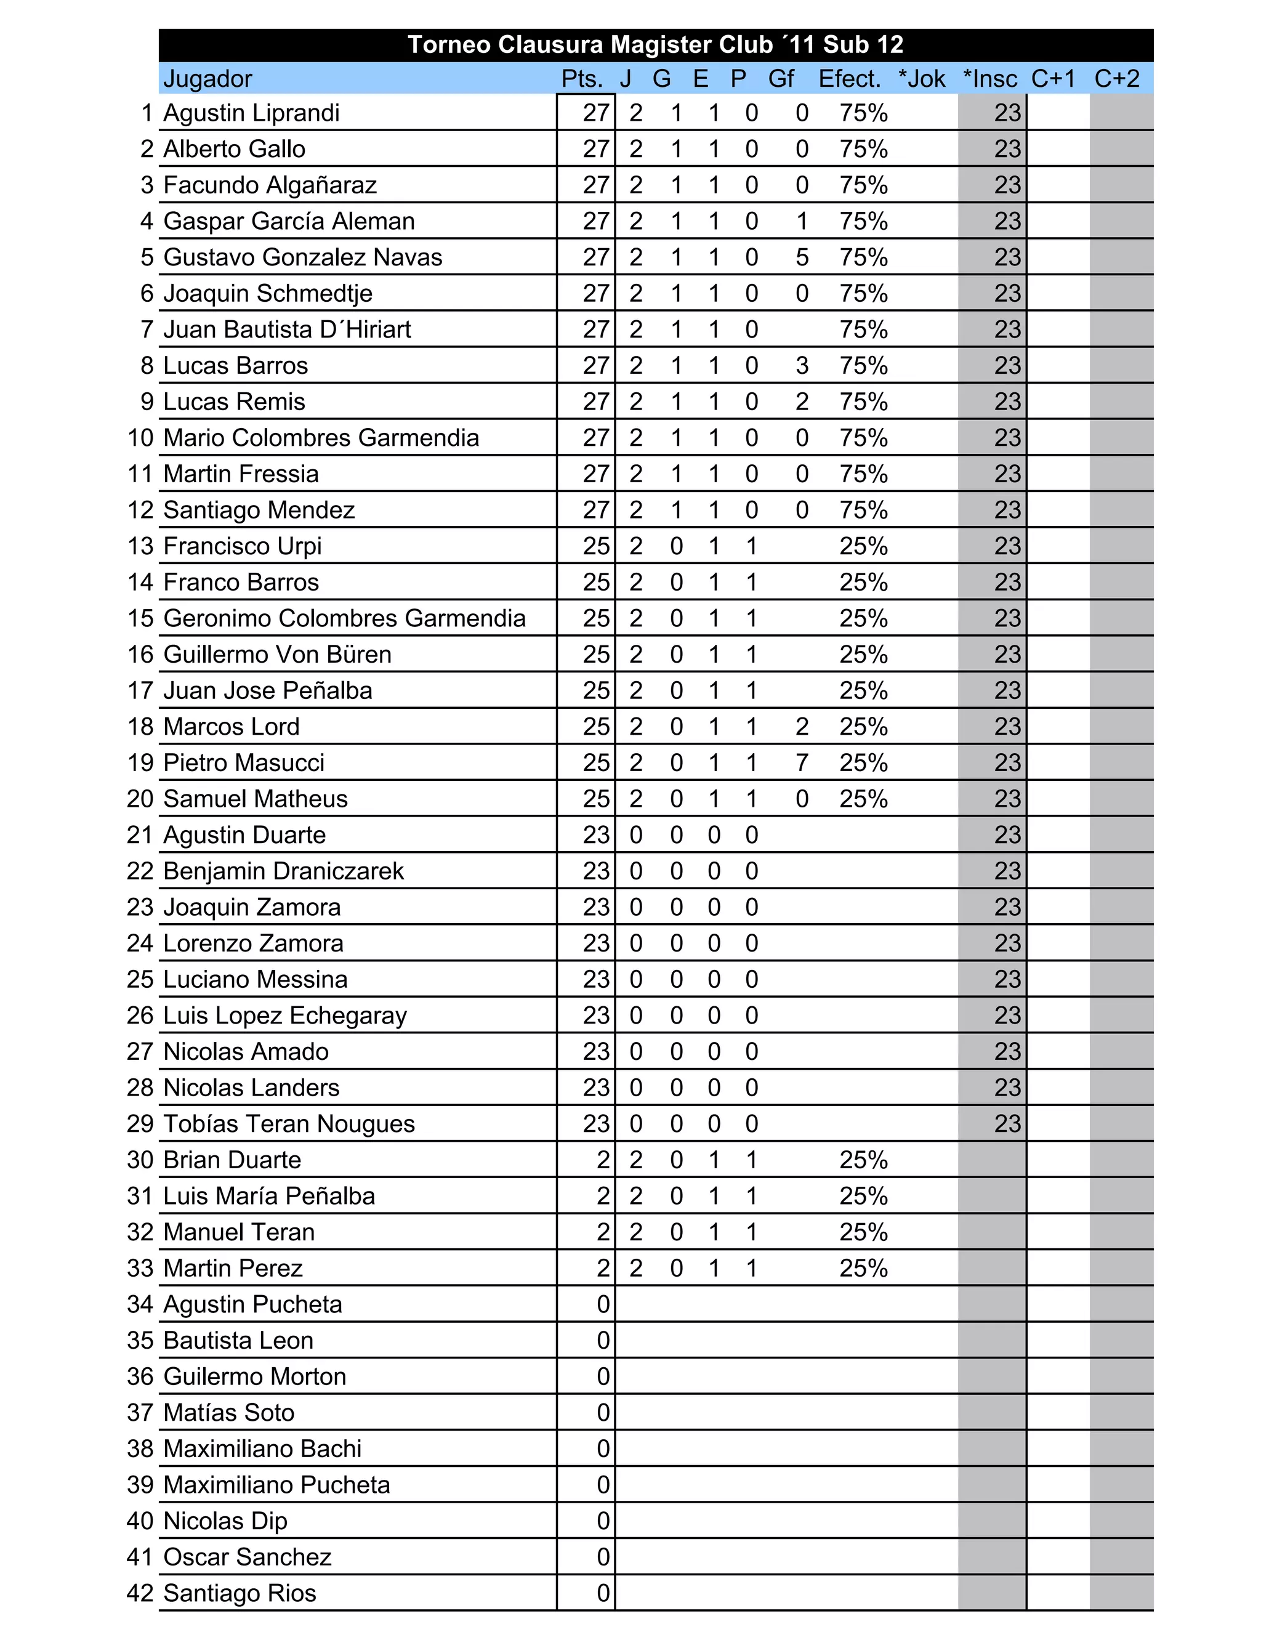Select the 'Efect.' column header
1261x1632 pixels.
click(849, 78)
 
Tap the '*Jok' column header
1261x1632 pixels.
click(922, 78)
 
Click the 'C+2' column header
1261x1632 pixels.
click(1117, 78)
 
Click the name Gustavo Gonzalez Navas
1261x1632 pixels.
click(302, 257)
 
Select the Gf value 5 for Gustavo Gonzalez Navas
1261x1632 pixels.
click(802, 257)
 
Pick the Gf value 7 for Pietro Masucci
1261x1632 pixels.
click(802, 762)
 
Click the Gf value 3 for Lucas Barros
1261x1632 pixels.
click(802, 365)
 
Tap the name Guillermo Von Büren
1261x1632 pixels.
click(277, 655)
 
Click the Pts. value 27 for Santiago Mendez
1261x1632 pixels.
click(596, 510)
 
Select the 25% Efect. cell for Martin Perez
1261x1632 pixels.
click(864, 1268)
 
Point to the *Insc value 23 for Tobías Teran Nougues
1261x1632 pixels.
click(1007, 1124)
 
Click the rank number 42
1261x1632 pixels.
click(140, 1593)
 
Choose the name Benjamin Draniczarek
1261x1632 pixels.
click(283, 871)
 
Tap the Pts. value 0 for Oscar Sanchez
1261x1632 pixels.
click(603, 1557)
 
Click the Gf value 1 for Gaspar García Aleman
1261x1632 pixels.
click(802, 221)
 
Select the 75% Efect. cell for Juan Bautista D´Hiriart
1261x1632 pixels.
click(864, 329)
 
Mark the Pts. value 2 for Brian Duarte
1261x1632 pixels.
click(603, 1160)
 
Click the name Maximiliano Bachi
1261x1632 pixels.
click(262, 1449)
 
